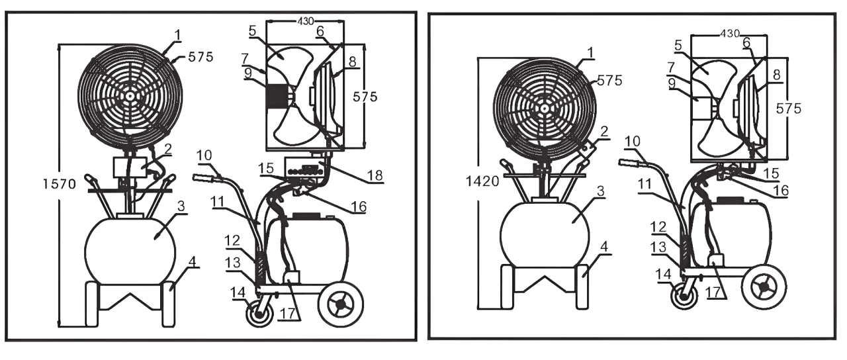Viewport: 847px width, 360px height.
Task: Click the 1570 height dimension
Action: (x=60, y=184)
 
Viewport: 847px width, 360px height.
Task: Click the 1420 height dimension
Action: (x=482, y=181)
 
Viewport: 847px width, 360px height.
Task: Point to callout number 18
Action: (x=375, y=175)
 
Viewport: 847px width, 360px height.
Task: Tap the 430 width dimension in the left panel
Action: (x=305, y=21)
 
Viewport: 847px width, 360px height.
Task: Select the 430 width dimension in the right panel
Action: (x=729, y=34)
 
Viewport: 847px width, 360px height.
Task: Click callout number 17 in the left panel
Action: (x=287, y=314)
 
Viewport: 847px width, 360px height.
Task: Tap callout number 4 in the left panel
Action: (x=193, y=261)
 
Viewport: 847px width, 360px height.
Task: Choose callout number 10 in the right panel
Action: (x=632, y=142)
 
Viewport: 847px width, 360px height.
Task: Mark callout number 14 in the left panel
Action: (x=237, y=292)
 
